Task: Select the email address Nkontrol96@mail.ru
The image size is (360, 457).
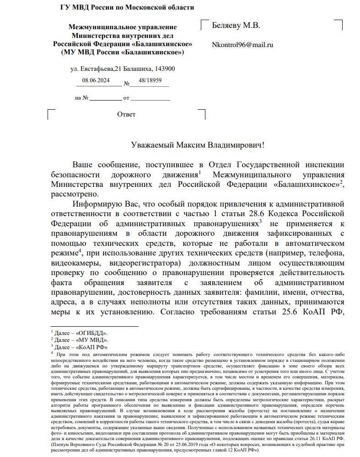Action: click(x=242, y=45)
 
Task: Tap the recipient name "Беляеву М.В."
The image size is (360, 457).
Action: click(x=236, y=26)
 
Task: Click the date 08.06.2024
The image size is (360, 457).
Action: click(x=96, y=80)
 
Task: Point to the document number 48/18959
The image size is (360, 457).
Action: click(x=150, y=80)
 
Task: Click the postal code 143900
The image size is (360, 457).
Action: click(x=165, y=69)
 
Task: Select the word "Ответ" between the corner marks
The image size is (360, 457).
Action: click(x=126, y=114)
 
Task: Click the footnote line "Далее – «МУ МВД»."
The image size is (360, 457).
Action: click(x=81, y=340)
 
